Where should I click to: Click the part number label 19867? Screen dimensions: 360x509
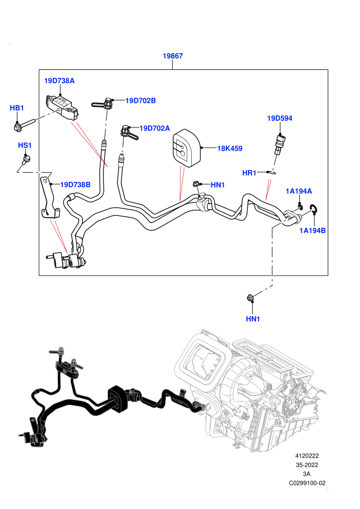point(173,56)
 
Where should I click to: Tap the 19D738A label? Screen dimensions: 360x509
point(60,81)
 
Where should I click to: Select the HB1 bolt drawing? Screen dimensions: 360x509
point(24,125)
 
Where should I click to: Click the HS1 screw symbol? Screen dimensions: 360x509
point(26,158)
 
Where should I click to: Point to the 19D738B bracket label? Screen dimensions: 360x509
point(75,185)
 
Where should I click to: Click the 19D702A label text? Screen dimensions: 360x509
point(154,128)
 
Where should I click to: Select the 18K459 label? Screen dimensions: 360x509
point(230,149)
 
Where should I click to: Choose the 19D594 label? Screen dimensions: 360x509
point(279,118)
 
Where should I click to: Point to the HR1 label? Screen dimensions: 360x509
point(249,173)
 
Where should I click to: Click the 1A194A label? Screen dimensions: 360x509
point(299,191)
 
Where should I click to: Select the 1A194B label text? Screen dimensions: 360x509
point(312,231)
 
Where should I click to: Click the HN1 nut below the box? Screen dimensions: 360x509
point(250,297)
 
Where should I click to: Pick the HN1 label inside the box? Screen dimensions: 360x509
point(218,185)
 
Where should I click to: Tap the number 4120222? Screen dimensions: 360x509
point(307,456)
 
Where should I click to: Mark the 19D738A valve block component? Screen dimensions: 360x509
point(62,107)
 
